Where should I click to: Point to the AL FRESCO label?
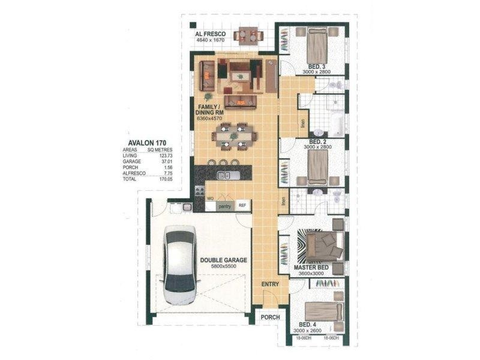point(210,34)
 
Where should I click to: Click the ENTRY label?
point(271,284)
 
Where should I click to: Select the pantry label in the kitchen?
point(224,205)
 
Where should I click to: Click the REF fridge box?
point(243,205)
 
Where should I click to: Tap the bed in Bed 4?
point(322,311)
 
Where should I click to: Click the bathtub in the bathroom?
point(336,124)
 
